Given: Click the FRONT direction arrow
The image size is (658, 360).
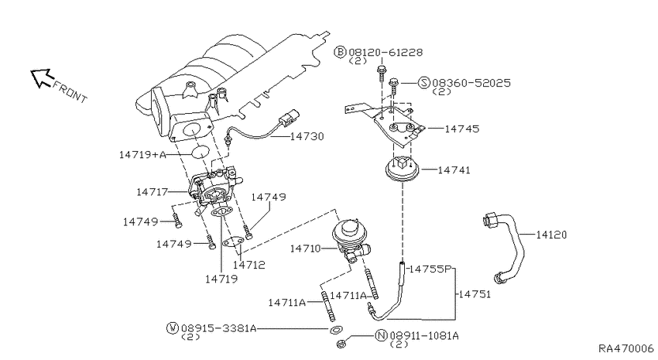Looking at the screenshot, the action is (42, 78).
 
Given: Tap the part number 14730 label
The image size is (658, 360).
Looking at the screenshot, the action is (307, 136).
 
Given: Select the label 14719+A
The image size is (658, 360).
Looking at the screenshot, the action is (142, 155).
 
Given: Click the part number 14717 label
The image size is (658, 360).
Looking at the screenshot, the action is (152, 192).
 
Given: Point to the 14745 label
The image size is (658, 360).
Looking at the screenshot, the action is (461, 129).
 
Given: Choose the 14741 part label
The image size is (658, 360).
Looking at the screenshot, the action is (454, 170).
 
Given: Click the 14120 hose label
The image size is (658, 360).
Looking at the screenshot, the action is (551, 235).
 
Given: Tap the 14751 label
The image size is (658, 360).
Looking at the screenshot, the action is (475, 294).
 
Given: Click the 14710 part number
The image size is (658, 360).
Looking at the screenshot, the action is (305, 249).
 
